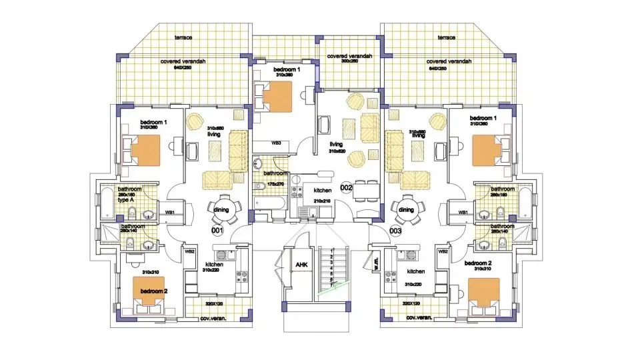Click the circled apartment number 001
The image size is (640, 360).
click(217, 231)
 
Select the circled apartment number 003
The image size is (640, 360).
click(396, 231)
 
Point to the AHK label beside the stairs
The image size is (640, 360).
click(301, 265)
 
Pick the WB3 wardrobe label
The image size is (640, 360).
click(275, 143)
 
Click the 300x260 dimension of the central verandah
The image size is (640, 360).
click(349, 61)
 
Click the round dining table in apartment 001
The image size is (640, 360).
click(219, 211)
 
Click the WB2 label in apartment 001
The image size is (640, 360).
click(190, 251)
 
